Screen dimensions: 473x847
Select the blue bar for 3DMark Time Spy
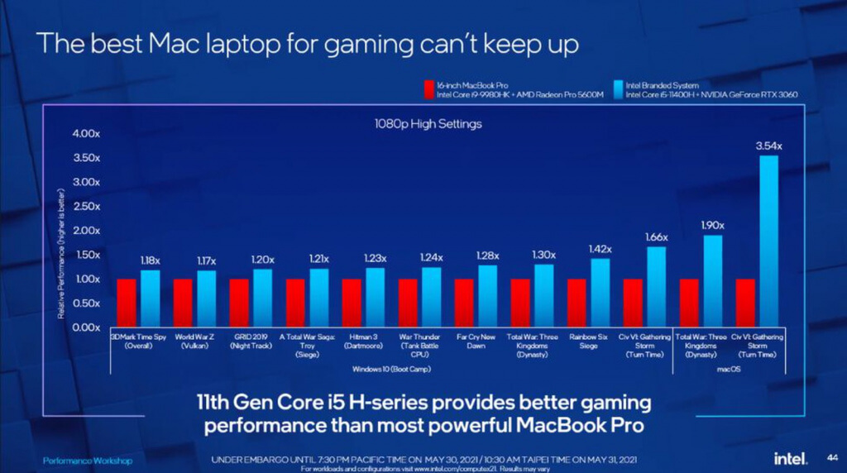150,299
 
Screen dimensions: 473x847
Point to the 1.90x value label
712,225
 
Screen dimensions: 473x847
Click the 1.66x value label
656,236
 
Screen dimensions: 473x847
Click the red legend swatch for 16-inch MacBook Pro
428,89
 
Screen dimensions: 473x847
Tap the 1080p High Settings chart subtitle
428,124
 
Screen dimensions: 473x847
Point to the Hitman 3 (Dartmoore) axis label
363,342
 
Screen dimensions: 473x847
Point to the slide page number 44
831,457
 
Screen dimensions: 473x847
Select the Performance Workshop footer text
87,460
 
